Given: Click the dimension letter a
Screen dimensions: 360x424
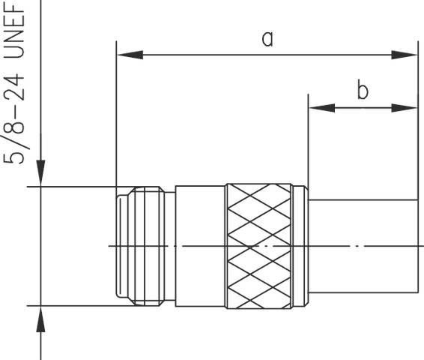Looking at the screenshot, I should point(267,38).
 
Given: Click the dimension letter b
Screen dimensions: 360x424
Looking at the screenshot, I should point(362,91).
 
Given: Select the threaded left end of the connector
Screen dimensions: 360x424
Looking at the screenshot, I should point(142,245).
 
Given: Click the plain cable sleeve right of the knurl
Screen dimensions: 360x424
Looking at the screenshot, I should point(360,225).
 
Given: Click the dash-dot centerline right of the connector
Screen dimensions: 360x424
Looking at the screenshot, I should point(375,245).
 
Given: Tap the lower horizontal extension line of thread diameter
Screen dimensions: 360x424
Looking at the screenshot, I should point(75,305).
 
